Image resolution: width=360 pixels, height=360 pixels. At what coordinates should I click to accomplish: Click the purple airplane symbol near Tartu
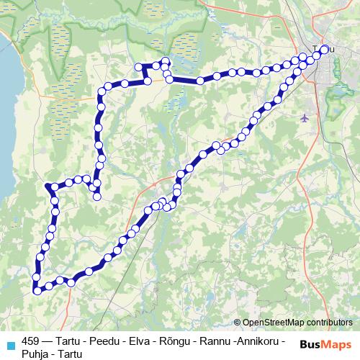click(306, 117)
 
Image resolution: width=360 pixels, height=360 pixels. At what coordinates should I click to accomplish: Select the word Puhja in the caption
click(35, 354)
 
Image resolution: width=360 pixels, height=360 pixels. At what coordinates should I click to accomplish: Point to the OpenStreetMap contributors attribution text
click(297, 323)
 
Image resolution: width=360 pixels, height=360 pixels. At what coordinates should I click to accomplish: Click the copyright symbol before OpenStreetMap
click(238, 323)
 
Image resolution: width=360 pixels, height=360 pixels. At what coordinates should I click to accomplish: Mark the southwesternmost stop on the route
click(36, 291)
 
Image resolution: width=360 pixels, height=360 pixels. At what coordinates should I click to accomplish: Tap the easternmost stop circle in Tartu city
click(324, 49)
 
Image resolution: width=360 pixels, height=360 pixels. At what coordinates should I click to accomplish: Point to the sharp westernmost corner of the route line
click(48, 186)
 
